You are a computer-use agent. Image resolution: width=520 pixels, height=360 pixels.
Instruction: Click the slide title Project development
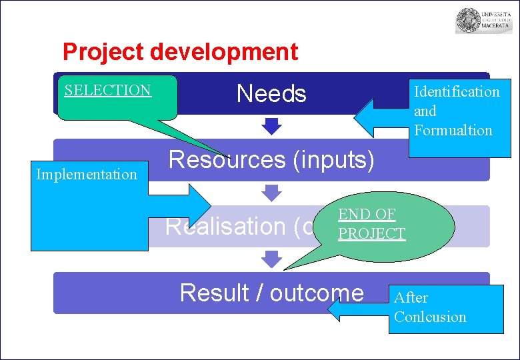click(180, 51)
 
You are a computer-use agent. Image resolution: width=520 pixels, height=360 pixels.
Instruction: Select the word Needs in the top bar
click(271, 94)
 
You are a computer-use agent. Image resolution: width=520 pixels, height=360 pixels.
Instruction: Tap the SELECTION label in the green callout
click(107, 90)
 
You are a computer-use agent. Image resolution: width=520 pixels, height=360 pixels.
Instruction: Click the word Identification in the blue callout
click(457, 91)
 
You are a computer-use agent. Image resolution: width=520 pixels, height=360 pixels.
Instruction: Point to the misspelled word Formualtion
click(453, 130)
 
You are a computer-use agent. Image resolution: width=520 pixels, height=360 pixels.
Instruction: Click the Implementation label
click(87, 175)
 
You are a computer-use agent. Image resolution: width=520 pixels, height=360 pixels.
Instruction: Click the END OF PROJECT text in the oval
click(371, 224)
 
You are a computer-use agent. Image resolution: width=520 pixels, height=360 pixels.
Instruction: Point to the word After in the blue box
click(411, 297)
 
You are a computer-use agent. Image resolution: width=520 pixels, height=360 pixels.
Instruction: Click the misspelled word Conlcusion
click(430, 317)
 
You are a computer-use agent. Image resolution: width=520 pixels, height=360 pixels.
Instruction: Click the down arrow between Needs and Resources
click(271, 125)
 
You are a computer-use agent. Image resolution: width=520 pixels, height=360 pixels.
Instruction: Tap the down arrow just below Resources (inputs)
click(271, 193)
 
